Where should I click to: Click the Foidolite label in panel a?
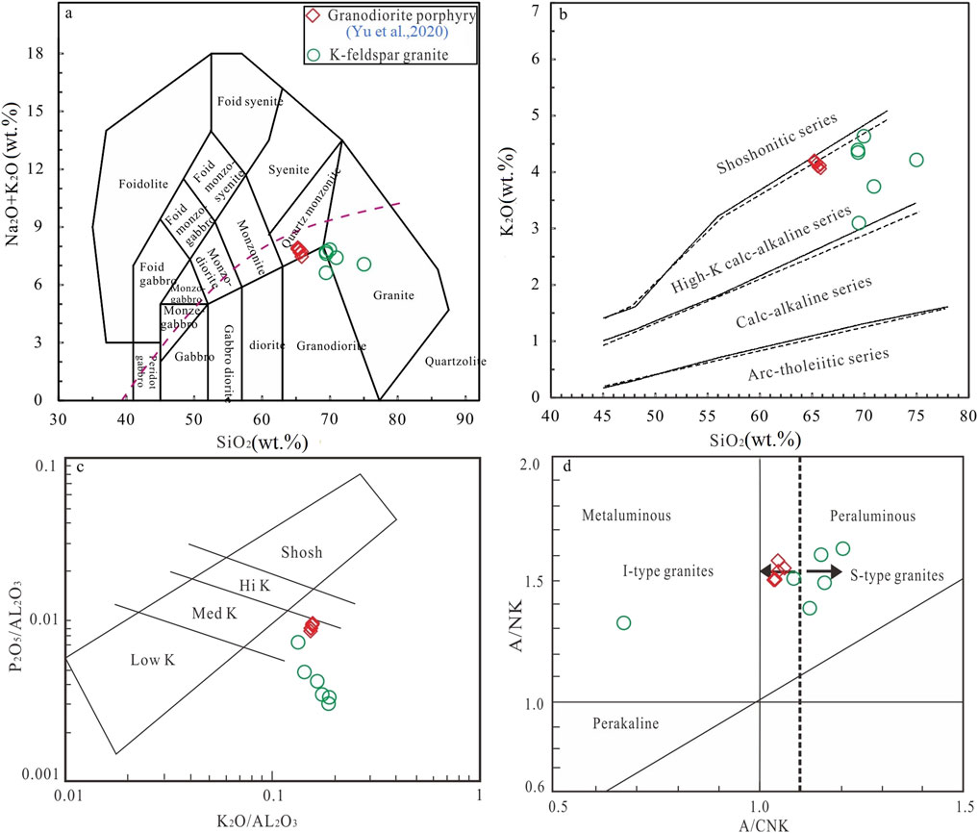tap(143, 183)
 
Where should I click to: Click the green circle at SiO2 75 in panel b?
tap(916, 160)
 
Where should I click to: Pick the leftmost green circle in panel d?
tap(623, 622)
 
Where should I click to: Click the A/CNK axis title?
tap(760, 823)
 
